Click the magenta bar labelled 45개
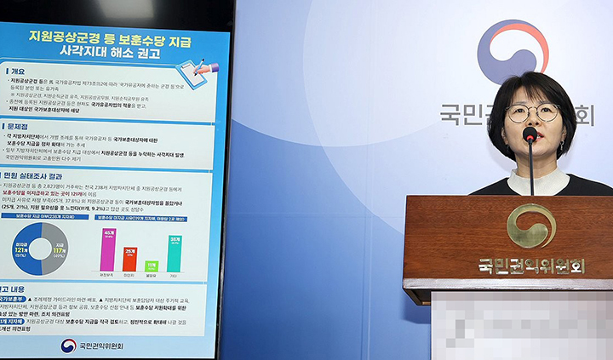[x=108, y=250]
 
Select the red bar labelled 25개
[x=129, y=260]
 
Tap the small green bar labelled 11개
[x=152, y=266]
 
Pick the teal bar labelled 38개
[x=174, y=254]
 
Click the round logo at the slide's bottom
[x=68, y=346]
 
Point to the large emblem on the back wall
[x=512, y=52]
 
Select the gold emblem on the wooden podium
[x=531, y=226]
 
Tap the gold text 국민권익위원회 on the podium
[x=531, y=266]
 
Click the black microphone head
[x=530, y=134]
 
